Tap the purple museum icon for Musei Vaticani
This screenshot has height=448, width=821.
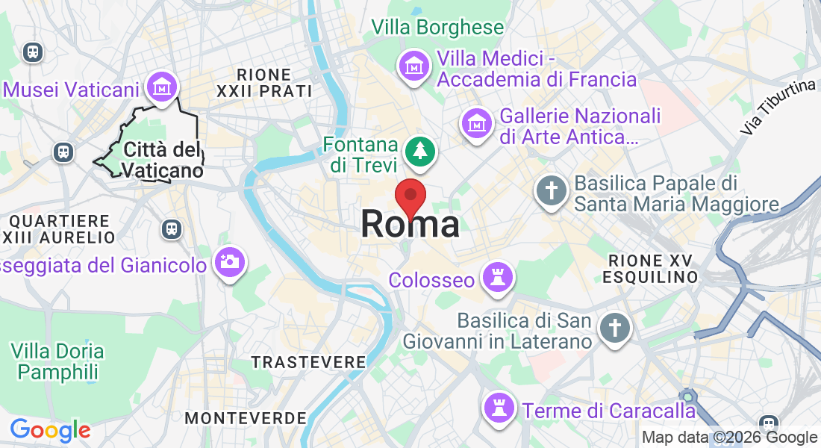[162, 87]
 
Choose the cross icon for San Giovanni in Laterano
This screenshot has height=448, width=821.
[615, 327]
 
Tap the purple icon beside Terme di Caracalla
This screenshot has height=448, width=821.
[497, 408]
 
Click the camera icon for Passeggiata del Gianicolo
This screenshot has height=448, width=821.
[230, 261]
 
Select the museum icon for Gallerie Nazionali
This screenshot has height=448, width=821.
[476, 124]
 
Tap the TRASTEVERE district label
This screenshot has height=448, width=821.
[308, 362]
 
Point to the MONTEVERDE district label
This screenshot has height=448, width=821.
[246, 418]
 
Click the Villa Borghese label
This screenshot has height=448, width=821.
[437, 28]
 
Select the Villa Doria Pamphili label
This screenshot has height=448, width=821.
[57, 361]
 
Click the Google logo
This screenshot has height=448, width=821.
[50, 430]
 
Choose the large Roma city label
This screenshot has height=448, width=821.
[410, 225]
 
